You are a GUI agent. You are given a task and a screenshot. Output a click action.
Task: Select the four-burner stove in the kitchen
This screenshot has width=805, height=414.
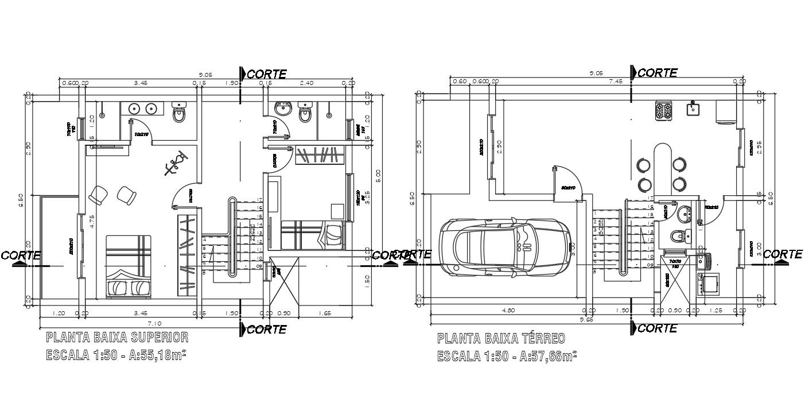click(x=663, y=110)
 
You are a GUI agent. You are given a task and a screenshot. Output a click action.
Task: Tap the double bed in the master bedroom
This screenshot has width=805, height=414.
click(x=129, y=266)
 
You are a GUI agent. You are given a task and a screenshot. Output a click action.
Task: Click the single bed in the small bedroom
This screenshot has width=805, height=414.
click(x=313, y=235)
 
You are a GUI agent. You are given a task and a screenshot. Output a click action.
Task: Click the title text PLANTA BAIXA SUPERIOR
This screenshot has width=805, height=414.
click(x=116, y=337)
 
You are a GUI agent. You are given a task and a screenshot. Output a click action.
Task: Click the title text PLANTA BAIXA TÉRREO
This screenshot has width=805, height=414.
click(x=501, y=338)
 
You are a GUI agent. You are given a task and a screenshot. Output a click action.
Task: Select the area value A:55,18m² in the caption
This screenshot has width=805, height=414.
click(x=157, y=355)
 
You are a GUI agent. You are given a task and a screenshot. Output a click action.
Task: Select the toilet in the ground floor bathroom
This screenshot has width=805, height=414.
click(x=677, y=235)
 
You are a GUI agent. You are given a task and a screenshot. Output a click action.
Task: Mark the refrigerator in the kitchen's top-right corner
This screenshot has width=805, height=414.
click(x=725, y=111)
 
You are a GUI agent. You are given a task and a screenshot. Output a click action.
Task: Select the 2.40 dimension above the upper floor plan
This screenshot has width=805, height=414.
click(x=307, y=83)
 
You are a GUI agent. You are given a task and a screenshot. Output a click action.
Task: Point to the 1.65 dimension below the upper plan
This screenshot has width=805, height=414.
click(x=325, y=314)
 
